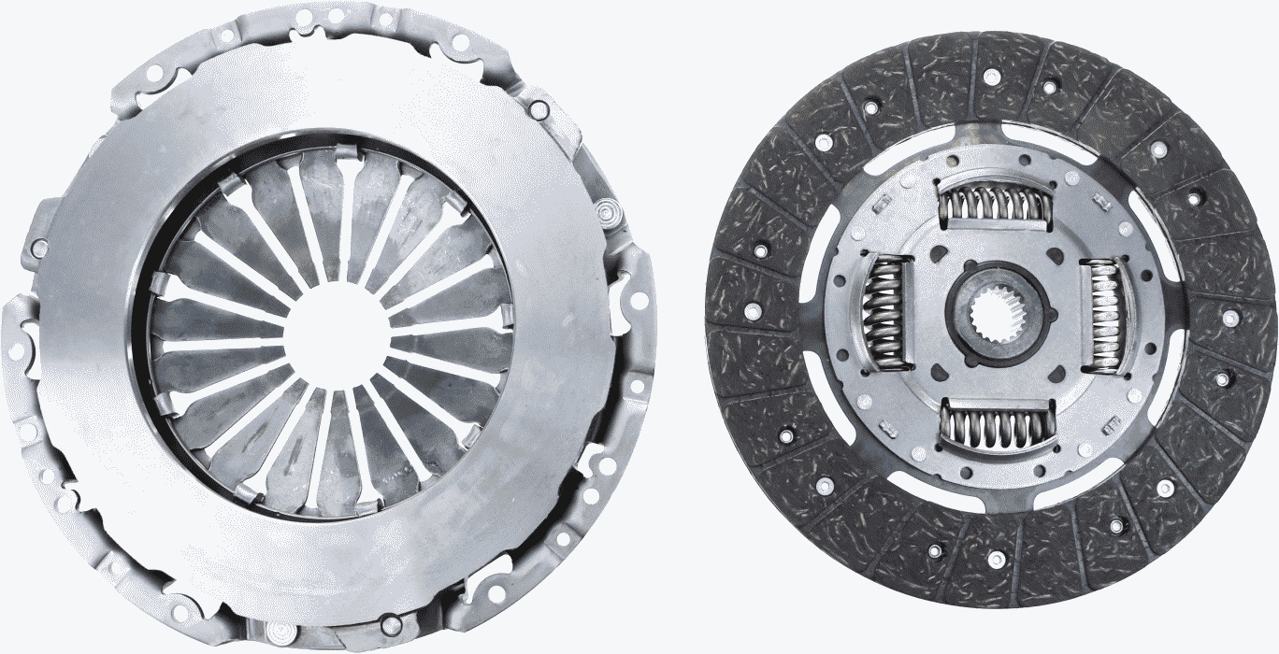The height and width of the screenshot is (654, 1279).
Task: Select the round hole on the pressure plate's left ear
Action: pyautogui.click(x=39, y=249)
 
